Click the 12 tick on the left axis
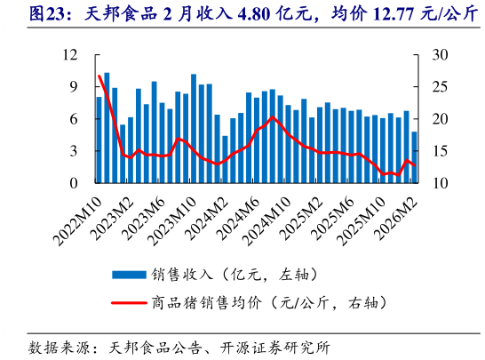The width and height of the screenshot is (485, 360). point(72,55)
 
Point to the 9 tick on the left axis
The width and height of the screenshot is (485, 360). point(76,87)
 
